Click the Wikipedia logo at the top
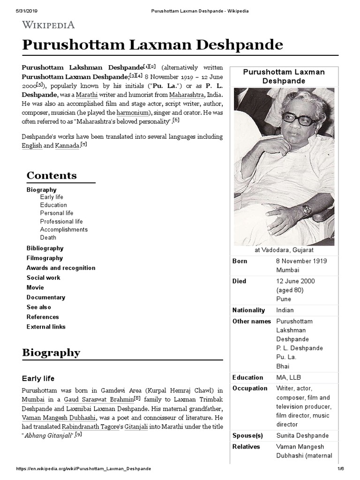click(x=48, y=24)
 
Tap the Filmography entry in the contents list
click(x=45, y=258)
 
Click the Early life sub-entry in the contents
click(x=52, y=197)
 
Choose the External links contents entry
click(x=46, y=327)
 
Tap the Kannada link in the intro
click(x=67, y=146)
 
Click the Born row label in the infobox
click(x=240, y=261)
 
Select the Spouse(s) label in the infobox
click(x=247, y=435)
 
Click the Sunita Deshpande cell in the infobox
click(x=302, y=435)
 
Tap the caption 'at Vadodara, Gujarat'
click(x=284, y=250)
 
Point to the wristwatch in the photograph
click(x=307, y=210)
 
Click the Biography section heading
click(x=51, y=352)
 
